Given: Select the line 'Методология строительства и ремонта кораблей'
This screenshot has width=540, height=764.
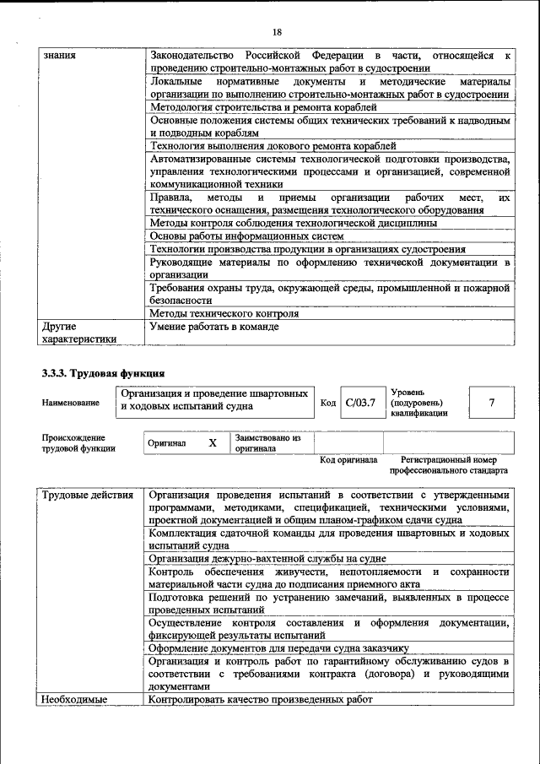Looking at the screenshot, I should click(262, 108).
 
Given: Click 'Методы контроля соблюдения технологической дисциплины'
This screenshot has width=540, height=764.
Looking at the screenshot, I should click(293, 223).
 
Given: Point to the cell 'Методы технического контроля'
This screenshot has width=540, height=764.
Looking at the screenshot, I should click(224, 313).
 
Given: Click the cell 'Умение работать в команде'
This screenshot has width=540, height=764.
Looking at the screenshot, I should click(213, 326).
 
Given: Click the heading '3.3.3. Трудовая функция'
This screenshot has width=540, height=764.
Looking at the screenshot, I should click(103, 373).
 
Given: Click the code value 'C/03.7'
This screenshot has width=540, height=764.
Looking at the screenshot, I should click(360, 403).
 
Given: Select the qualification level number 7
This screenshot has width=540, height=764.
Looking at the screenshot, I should click(491, 403).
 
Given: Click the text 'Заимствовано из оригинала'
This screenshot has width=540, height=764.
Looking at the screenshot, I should click(267, 444).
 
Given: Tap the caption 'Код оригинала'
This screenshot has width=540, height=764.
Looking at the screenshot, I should click(348, 460).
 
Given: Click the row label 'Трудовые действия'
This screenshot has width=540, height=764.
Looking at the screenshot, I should click(88, 495).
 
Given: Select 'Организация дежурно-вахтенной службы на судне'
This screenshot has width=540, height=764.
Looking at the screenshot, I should click(267, 559).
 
